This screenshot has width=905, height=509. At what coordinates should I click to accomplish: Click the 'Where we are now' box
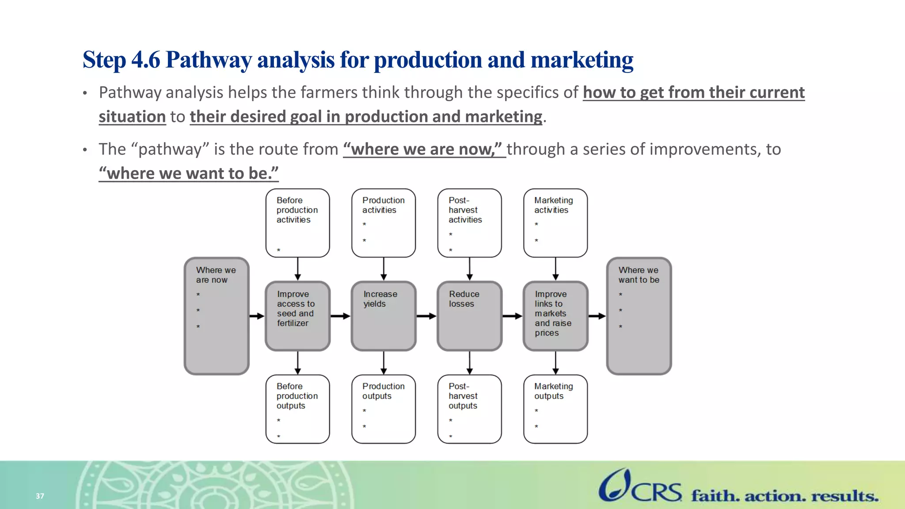[x=217, y=316]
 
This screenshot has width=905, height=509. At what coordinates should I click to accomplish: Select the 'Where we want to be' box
[x=639, y=316]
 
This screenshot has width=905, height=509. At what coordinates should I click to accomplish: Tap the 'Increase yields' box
[x=384, y=316]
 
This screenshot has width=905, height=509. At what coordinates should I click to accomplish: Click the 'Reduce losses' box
[x=469, y=316]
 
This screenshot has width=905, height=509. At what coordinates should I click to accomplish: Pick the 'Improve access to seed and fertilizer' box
[x=297, y=316]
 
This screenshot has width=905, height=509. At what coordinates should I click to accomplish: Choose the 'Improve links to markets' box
[x=555, y=316]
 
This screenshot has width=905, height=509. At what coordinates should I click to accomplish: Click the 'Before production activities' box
[x=297, y=223]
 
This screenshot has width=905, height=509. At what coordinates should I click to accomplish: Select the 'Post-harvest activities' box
[x=469, y=223]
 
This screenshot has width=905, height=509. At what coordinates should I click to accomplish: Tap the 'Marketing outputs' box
[x=555, y=409]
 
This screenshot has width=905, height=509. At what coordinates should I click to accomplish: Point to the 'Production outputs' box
[x=384, y=409]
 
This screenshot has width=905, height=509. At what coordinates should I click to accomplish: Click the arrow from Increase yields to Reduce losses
[x=426, y=316]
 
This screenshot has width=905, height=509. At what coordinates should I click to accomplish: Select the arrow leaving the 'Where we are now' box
[x=257, y=316]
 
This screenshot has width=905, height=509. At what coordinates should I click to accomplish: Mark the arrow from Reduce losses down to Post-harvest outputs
[x=469, y=363]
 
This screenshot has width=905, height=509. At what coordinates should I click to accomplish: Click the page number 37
[x=40, y=496]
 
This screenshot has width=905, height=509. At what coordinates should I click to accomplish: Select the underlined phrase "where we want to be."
[x=189, y=173]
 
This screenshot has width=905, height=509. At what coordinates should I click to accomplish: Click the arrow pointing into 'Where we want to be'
[x=597, y=316]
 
